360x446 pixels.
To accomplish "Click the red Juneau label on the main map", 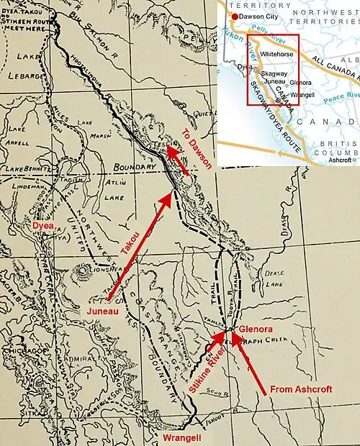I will (x=99, y=311).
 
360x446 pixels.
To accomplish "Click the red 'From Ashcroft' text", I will (x=300, y=389).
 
